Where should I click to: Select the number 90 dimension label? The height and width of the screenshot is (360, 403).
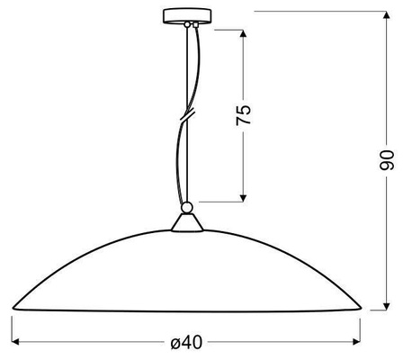coord(386,158)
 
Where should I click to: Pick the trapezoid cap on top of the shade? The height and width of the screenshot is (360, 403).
coord(187,221)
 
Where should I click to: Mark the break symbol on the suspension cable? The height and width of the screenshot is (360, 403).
coord(187,114)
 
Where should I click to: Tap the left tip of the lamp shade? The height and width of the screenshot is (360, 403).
coord(11,305)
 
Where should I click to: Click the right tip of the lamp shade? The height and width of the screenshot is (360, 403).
coord(363,305)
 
